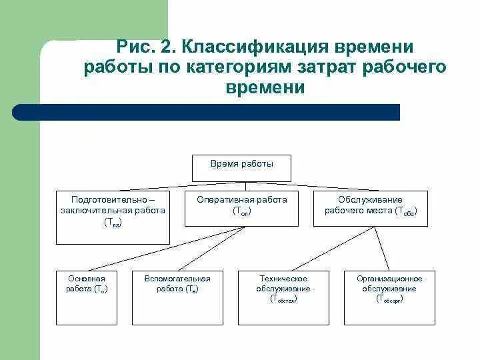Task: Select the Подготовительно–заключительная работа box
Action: (x=113, y=217)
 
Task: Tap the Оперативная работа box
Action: (x=241, y=208)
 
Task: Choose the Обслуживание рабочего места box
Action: (x=371, y=208)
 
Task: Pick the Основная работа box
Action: (x=87, y=297)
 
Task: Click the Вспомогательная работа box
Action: (x=177, y=297)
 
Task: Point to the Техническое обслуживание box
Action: (x=283, y=297)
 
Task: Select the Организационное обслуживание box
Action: (x=389, y=297)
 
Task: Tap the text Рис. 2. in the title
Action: (x=145, y=47)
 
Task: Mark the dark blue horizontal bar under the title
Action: (x=207, y=112)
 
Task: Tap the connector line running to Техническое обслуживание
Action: (x=320, y=249)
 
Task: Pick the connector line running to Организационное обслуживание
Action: (x=383, y=249)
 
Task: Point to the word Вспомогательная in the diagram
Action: (x=177, y=279)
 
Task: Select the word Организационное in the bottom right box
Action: (x=389, y=279)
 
